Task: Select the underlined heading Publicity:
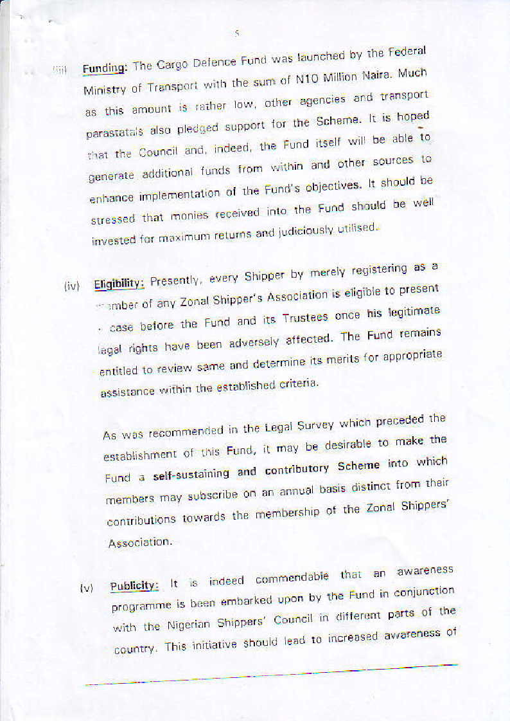[134, 586]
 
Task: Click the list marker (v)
[86, 588]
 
